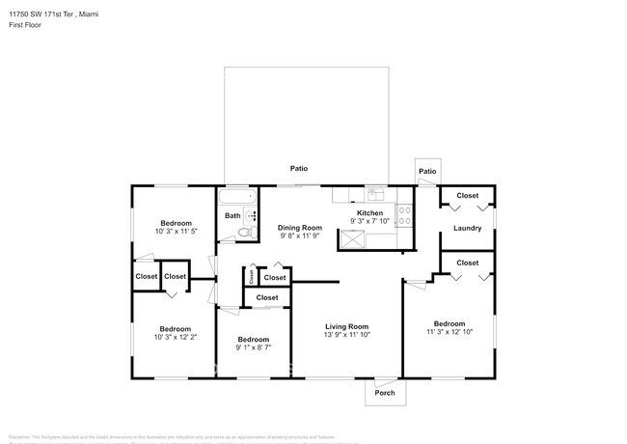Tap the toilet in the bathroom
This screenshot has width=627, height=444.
246,233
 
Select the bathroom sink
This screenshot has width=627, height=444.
251,215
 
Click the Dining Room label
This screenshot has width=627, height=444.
301,227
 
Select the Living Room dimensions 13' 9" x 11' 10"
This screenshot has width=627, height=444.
345,334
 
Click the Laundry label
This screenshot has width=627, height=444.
467,229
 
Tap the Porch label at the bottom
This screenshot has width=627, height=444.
384,393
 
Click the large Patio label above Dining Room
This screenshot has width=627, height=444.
299,168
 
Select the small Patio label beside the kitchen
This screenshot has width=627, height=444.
427,172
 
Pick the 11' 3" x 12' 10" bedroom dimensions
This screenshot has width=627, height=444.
450,332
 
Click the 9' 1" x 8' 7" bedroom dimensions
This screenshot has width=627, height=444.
253,347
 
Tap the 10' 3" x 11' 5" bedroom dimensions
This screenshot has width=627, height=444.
176,231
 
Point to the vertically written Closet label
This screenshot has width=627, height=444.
251,277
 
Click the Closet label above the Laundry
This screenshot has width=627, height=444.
467,196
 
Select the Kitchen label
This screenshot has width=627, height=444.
370,212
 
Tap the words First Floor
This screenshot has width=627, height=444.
27,27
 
